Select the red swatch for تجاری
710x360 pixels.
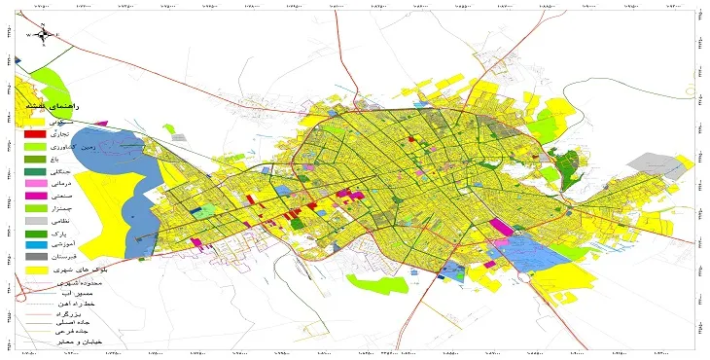pos(34,133)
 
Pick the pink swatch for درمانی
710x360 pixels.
pos(34,184)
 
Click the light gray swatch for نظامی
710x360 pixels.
pos(34,222)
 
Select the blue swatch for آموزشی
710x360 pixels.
pos(34,247)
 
